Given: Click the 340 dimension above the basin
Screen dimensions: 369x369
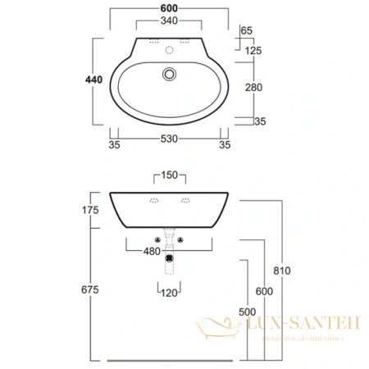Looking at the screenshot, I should click(x=168, y=20).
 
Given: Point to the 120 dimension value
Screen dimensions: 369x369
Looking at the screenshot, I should click(x=169, y=292).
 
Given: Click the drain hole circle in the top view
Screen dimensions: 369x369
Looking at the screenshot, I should click(x=169, y=75).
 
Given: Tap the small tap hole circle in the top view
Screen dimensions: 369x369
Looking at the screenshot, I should click(x=169, y=49).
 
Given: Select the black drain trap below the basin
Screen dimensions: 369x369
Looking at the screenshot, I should click(x=169, y=256).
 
